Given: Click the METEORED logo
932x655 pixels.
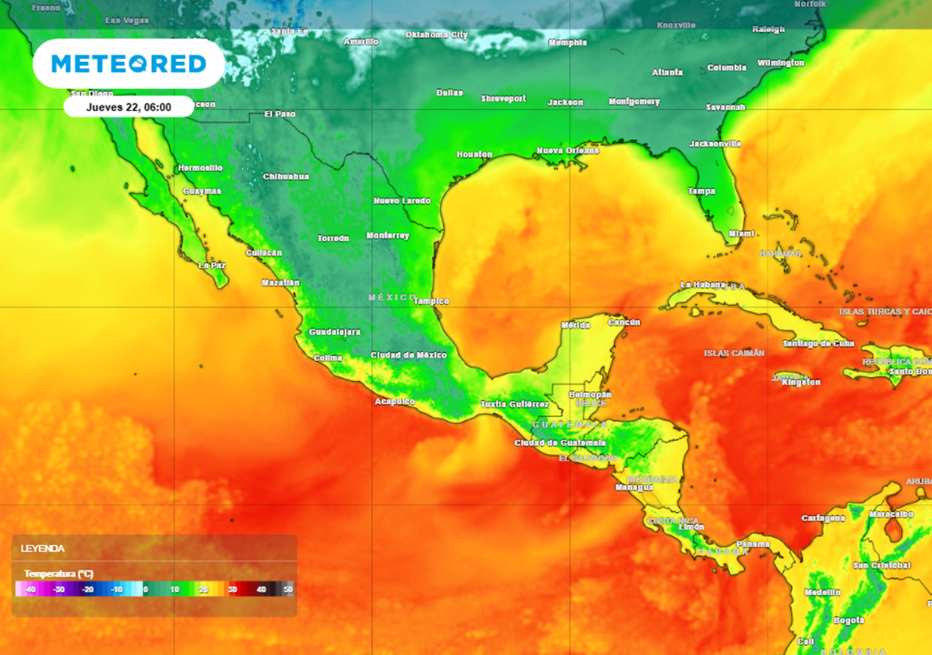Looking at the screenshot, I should [128, 64].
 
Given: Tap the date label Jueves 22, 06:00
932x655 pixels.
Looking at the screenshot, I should [128, 106].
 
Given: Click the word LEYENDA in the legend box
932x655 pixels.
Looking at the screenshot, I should [43, 549].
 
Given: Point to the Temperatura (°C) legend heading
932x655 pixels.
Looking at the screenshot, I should [59, 574].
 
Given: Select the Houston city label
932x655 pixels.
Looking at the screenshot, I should [474, 155].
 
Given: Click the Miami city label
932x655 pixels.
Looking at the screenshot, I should [742, 234].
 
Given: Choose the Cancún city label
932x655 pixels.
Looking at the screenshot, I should [624, 322].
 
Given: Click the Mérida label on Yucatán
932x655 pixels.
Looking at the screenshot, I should [575, 325].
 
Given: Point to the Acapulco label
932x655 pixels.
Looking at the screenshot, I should [395, 401].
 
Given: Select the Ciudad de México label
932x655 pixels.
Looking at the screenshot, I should [409, 355].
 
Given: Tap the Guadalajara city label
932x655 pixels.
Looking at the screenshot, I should [335, 332].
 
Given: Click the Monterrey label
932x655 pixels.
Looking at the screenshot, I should [388, 236].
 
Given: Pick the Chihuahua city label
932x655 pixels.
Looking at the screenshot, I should [286, 176].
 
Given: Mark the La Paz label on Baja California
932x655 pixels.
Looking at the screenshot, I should [212, 266].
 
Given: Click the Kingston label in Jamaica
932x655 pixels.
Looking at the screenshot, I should [801, 381].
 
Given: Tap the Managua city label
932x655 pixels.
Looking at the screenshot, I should [634, 487].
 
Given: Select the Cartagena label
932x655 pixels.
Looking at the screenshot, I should [823, 518].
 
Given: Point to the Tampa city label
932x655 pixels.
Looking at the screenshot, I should [701, 191].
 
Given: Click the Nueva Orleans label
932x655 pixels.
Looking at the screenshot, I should [568, 150].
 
